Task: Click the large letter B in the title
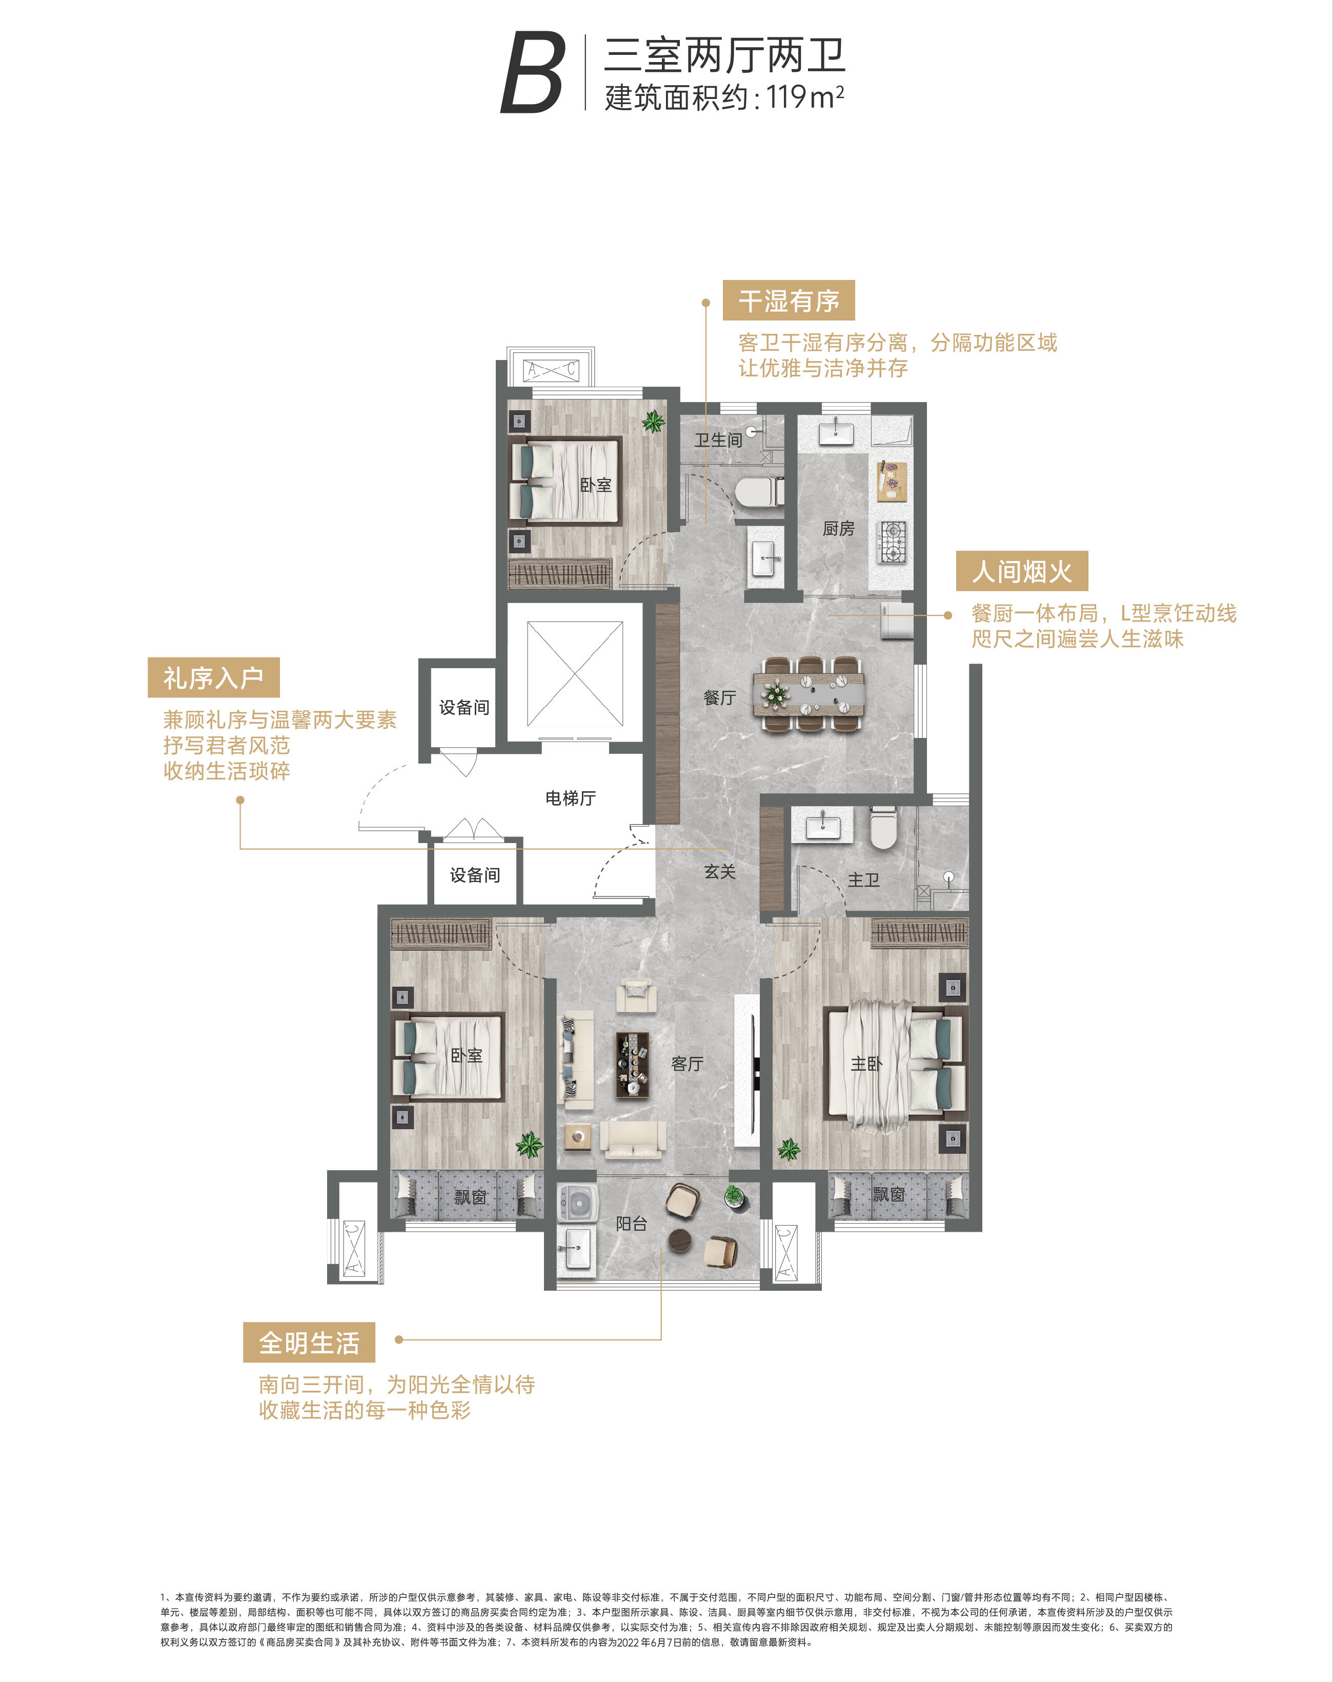click(533, 73)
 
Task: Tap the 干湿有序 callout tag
click(789, 301)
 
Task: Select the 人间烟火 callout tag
click(1022, 571)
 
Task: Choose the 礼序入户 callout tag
click(213, 677)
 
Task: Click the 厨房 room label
click(838, 529)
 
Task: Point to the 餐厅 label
click(719, 697)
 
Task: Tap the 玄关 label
click(719, 871)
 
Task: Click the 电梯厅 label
click(570, 798)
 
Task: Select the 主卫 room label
click(863, 880)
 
